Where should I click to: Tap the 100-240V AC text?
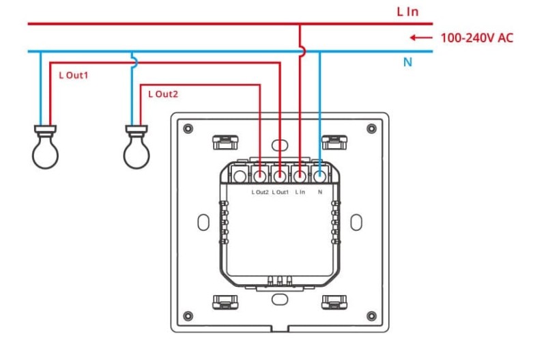[476, 38]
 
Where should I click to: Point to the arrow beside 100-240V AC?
[421, 38]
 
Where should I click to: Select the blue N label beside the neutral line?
[407, 62]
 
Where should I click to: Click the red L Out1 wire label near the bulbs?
[74, 75]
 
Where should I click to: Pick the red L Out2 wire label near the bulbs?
[163, 94]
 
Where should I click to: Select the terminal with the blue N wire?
[319, 176]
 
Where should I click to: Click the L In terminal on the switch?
[300, 176]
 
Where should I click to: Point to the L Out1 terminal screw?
[280, 176]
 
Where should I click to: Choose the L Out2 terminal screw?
[260, 176]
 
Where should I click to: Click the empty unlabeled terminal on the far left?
[240, 177]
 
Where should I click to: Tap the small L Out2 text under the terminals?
[260, 193]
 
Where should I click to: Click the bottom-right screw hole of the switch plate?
[371, 316]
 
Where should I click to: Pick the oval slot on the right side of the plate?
[356, 223]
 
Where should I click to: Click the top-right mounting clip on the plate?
[334, 142]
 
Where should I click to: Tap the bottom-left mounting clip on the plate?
[223, 302]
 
